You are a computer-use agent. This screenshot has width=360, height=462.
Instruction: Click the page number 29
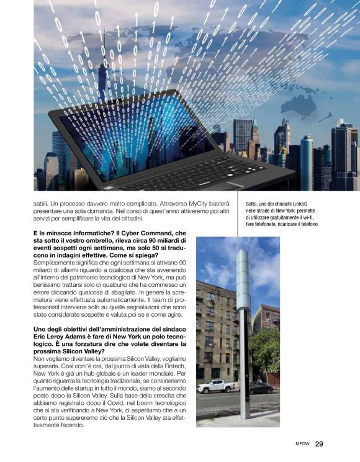click(x=319, y=444)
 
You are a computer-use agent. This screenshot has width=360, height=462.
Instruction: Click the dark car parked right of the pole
click(x=261, y=387)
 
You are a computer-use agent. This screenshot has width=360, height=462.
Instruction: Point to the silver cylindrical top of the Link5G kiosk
click(x=242, y=279)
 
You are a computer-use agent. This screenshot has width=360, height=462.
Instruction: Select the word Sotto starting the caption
click(x=253, y=203)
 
